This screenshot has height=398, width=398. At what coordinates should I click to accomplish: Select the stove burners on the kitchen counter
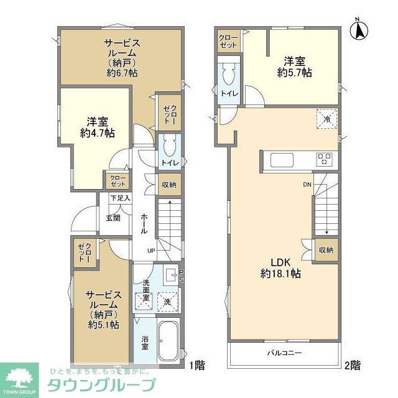pos(325,159)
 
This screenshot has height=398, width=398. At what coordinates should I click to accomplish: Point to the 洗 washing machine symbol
pos(167,302)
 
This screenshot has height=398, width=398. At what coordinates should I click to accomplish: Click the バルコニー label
pos(285,353)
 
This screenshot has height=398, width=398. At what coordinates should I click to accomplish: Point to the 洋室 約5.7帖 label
pos(295,67)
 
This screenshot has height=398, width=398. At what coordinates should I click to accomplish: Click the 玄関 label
pos(113,218)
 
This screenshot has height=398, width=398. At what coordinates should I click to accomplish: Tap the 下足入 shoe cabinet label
pos(119,198)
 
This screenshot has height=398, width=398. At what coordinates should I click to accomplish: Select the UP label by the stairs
pos(151,251)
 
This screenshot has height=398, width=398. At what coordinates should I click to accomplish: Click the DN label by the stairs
pos(307,185)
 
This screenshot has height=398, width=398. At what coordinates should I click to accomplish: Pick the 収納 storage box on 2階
pos(326,251)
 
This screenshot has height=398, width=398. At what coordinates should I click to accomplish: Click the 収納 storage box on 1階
pos(169,185)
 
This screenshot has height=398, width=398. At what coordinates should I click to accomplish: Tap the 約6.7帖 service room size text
pos(122,73)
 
